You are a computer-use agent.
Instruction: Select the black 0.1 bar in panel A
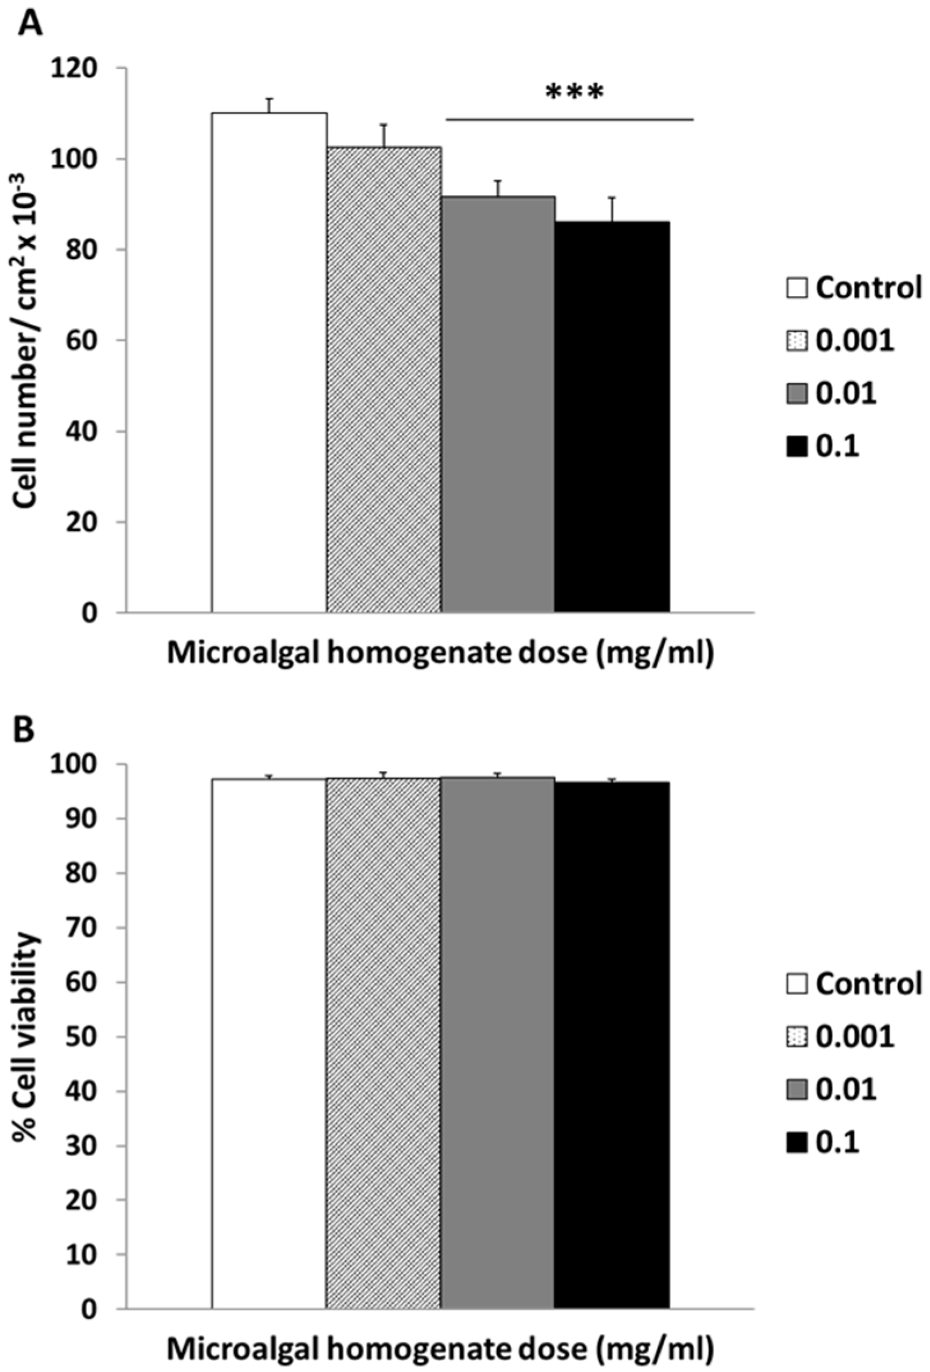(612, 416)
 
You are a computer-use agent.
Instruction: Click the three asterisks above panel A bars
(575, 93)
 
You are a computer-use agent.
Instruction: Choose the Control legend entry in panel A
(854, 288)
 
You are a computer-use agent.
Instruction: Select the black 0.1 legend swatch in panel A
(797, 448)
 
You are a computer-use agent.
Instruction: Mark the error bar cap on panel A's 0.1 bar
(612, 197)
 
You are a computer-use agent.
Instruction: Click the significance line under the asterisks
(568, 120)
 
